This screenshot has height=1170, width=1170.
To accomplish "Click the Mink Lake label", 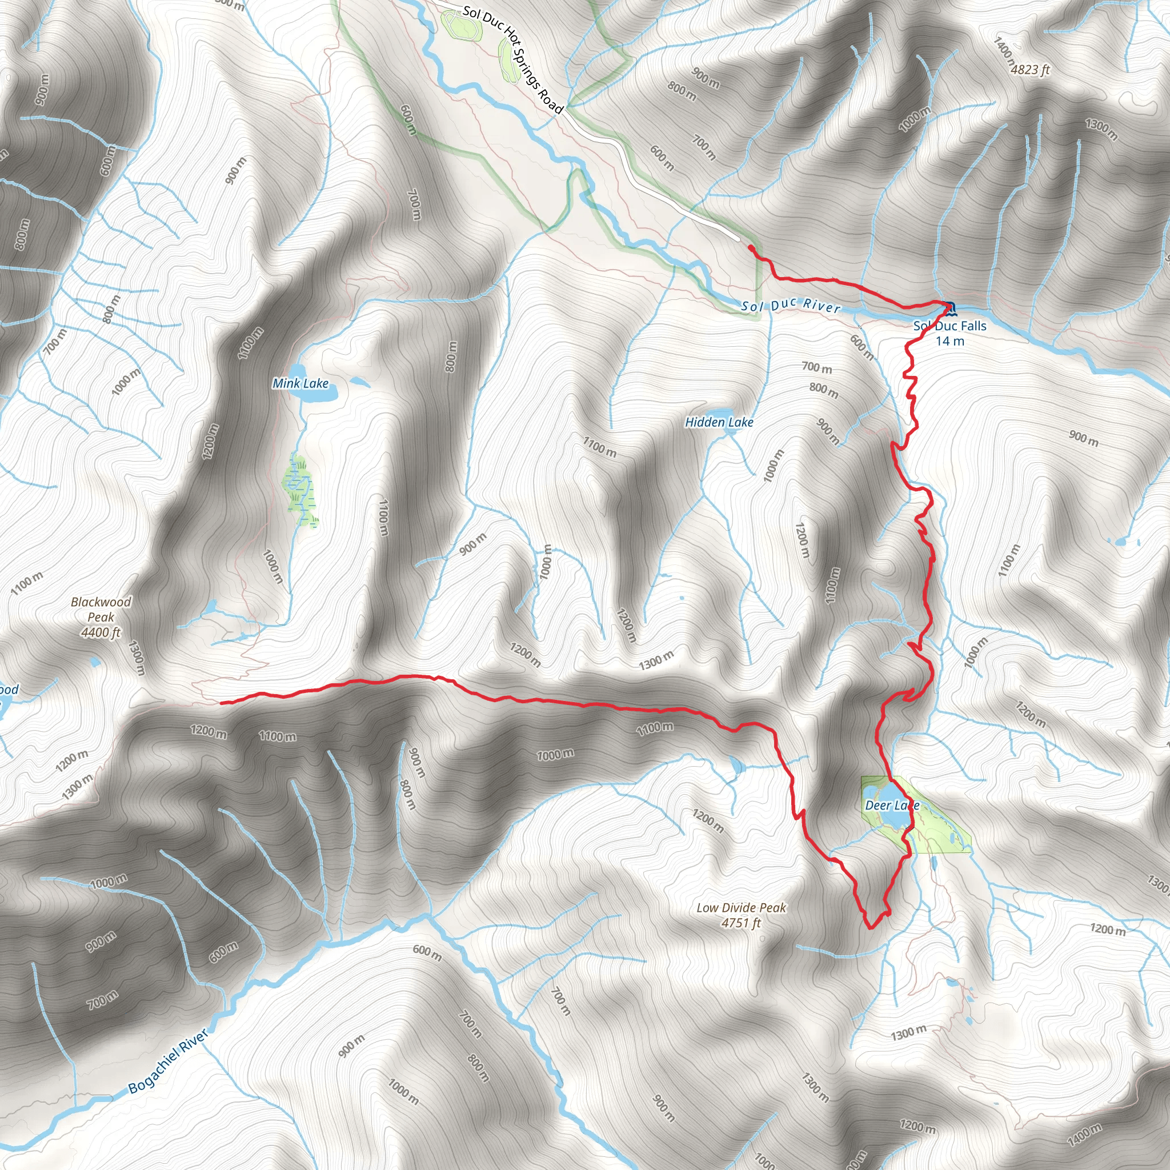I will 300,383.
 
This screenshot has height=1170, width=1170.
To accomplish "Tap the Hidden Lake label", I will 719,422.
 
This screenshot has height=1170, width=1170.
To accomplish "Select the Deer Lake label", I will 891,805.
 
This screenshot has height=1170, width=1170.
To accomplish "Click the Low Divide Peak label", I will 741,907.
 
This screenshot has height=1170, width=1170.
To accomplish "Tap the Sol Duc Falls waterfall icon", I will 949,309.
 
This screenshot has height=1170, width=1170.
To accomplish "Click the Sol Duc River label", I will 791,305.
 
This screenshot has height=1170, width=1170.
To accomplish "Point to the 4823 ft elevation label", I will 1030,70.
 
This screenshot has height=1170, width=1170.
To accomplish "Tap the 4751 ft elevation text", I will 740,922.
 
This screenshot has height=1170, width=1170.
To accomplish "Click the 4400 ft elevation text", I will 101,632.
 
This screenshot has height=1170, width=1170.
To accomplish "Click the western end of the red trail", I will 222,703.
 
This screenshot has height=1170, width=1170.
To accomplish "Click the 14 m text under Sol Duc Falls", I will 949,341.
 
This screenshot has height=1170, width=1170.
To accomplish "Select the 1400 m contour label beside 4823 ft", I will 1003,53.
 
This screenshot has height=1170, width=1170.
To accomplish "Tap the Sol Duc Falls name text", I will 949,326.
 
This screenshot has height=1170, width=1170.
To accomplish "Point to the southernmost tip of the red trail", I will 870,927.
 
